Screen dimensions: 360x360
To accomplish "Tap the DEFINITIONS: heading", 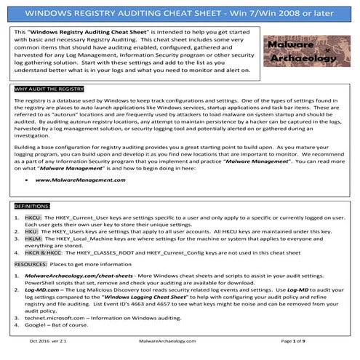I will [33, 207].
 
